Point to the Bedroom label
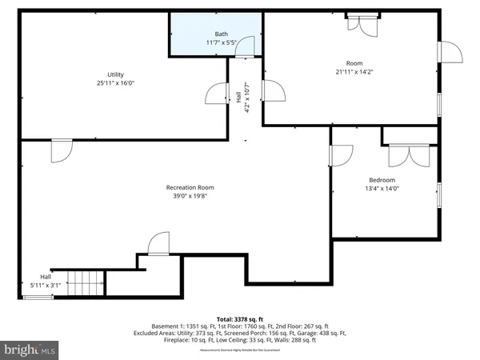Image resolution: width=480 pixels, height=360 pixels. point(382,180)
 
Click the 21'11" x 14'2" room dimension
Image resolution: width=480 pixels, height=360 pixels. point(354,72)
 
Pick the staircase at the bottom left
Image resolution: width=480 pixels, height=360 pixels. point(85,282)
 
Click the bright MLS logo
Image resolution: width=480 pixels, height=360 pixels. point(30,350)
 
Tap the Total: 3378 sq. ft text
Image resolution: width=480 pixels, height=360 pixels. point(240,318)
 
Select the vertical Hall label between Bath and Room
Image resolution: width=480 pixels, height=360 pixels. point(238,99)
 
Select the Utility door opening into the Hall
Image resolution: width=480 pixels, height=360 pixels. point(218,94)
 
